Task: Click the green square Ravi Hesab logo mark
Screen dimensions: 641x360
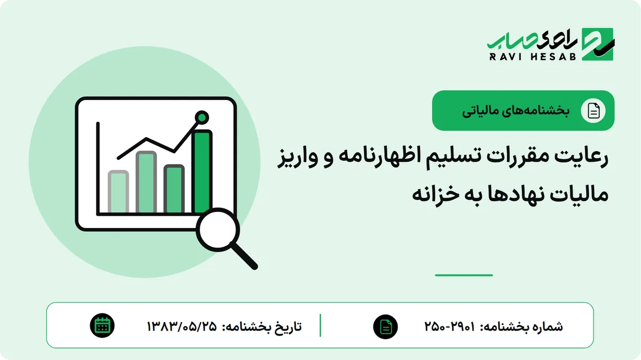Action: click(x=598, y=44)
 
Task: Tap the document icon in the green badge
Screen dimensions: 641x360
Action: click(x=593, y=111)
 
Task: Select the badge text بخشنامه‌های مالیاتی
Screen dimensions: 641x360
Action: click(x=515, y=111)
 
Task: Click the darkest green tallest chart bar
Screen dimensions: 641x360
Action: click(x=202, y=171)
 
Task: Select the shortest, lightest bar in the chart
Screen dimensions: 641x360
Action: click(x=118, y=192)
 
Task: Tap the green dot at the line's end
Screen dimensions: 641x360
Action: click(x=202, y=118)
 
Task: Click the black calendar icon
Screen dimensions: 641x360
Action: click(x=102, y=326)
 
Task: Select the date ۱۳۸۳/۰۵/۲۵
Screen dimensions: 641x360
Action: click(x=182, y=326)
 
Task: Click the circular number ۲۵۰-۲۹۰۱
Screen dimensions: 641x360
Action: click(x=450, y=326)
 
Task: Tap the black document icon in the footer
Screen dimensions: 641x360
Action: click(x=386, y=327)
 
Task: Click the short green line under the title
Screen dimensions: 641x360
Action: click(x=464, y=275)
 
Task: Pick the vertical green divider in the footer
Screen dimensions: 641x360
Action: click(x=320, y=325)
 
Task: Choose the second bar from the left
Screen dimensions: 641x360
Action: click(x=146, y=182)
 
